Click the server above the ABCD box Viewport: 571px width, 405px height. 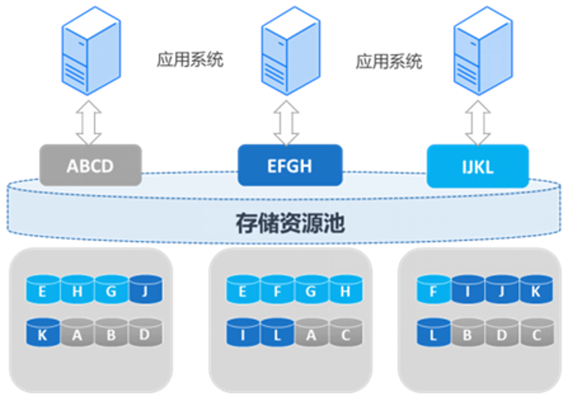91,51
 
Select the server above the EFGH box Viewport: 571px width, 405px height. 290,51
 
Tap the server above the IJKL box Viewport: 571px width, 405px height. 483,51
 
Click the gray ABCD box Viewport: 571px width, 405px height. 90,165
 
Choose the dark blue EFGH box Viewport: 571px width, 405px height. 290,165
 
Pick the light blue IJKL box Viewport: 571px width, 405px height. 478,166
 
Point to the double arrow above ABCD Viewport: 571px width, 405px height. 89,122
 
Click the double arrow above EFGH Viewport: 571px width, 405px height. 286,122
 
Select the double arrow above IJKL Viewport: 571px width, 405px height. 478,122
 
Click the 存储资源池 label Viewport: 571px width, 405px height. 290,223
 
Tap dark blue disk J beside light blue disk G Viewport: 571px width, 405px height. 146,289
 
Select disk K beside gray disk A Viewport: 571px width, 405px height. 43,332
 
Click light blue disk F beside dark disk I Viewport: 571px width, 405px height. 433,289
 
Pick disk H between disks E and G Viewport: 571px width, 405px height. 77,289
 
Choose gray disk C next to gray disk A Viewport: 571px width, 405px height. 346,332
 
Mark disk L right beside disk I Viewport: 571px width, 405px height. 277,332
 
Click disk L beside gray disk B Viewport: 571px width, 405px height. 433,332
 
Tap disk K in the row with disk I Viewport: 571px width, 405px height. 536,289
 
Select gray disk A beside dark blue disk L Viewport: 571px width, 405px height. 311,332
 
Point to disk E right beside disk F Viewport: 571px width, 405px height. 243,289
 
